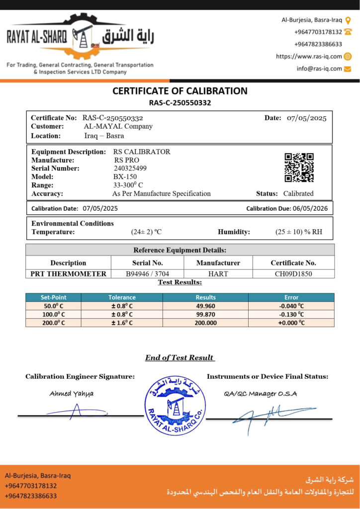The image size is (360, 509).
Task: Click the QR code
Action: click(299, 168)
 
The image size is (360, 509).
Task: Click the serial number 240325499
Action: click(130, 168)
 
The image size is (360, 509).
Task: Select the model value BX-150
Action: click(125, 176)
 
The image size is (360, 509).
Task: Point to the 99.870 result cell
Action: click(206, 314)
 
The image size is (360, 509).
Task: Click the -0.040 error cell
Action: click(291, 306)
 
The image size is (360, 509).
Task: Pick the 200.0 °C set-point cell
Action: click(53, 323)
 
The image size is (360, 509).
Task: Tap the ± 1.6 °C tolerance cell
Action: click(122, 323)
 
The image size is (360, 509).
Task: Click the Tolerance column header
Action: click(122, 297)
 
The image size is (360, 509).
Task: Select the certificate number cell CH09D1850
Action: click(293, 273)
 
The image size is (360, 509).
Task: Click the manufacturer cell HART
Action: click(218, 273)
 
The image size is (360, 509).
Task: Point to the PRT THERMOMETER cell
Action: click(68, 273)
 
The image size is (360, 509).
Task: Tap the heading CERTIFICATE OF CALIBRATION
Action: click(180, 91)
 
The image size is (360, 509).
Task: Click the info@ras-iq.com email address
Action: click(319, 69)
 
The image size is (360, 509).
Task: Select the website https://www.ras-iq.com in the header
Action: click(309, 56)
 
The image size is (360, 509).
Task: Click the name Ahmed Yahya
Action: click(71, 394)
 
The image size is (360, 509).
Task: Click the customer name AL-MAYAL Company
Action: click(118, 126)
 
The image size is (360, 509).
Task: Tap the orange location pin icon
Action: click(348, 20)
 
